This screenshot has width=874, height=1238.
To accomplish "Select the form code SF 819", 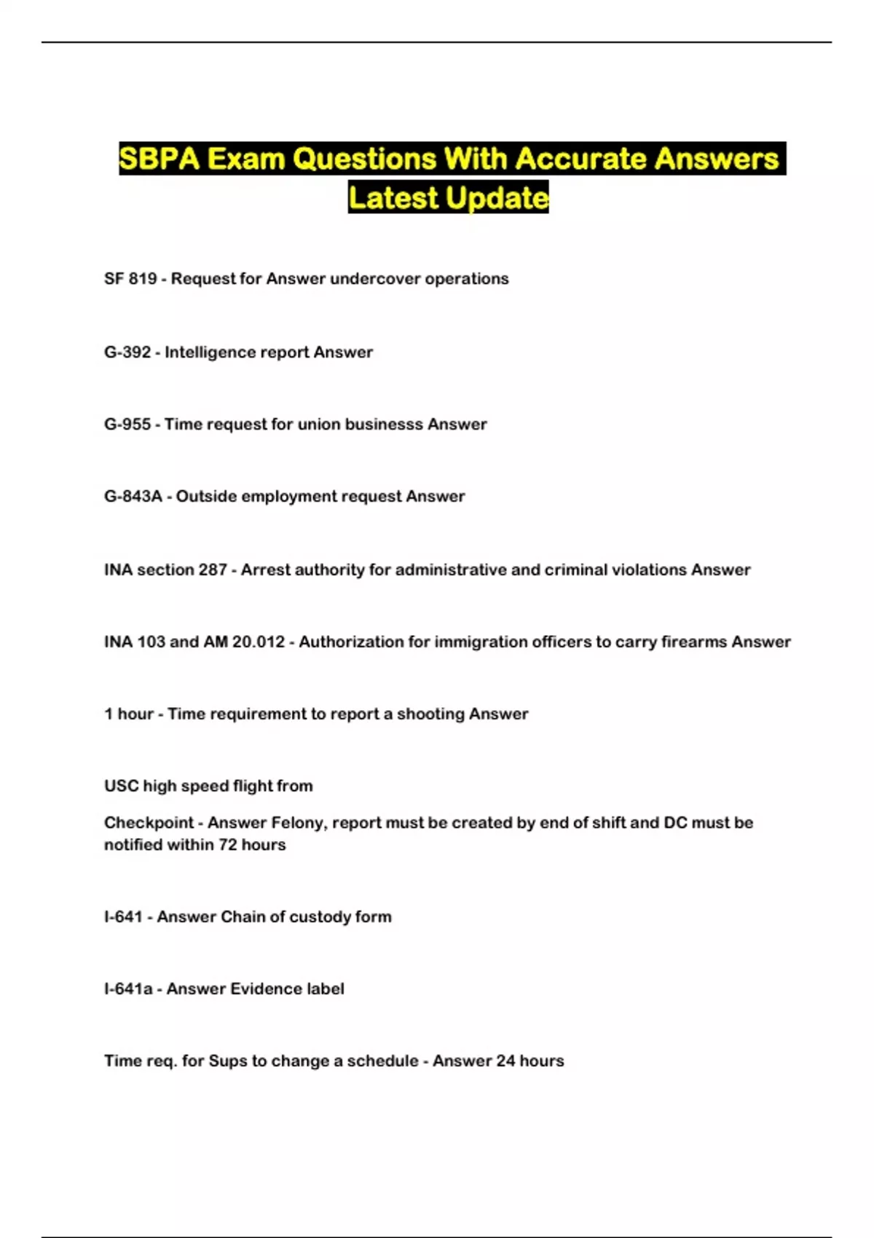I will (130, 279).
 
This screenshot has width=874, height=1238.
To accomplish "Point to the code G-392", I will (127, 352).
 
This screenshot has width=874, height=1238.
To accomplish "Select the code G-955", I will (127, 425).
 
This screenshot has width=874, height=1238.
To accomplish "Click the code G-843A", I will (133, 497).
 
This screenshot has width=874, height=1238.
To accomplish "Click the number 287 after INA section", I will (213, 570).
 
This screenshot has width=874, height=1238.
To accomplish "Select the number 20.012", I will (259, 642).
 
